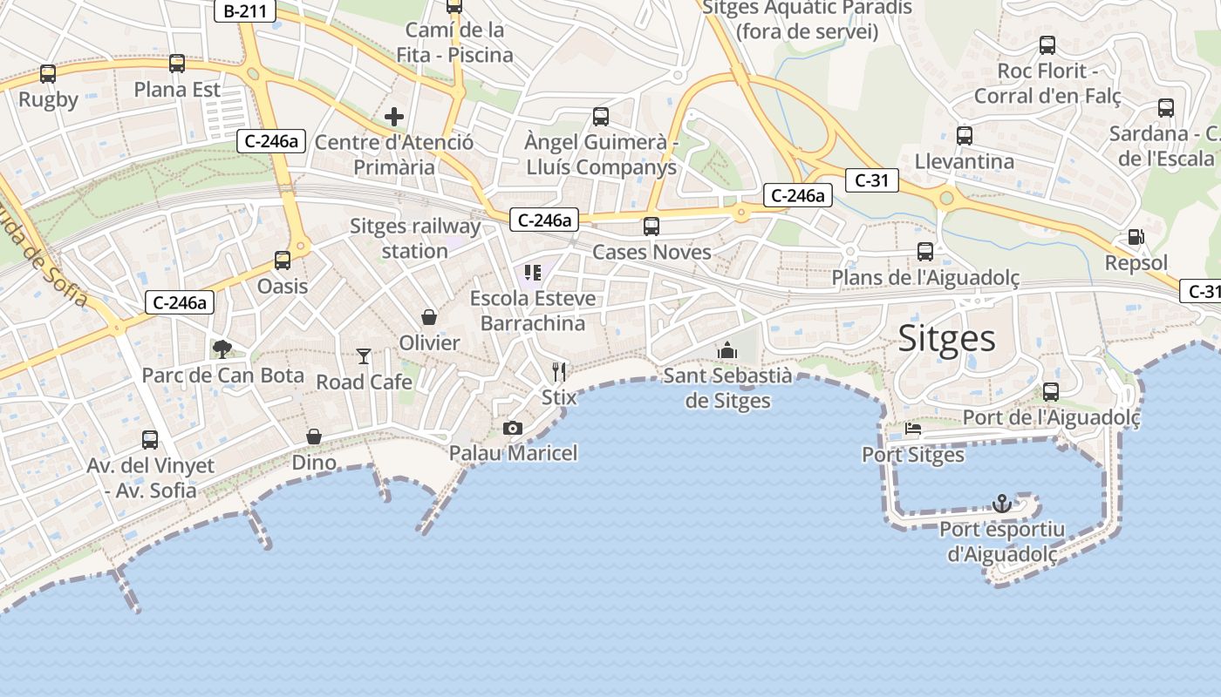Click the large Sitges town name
[x=946, y=338]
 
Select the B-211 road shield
[x=245, y=11]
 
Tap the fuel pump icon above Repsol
[x=1136, y=237]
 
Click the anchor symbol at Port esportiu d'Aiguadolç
[x=1002, y=504]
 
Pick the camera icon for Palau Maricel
[x=513, y=428]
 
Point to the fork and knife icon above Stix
[x=559, y=372]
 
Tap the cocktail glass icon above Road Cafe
[x=364, y=355]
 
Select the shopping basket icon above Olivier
[x=429, y=316]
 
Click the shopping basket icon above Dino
[x=314, y=436]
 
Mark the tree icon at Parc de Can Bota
[x=222, y=349]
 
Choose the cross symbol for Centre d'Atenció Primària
[x=394, y=116]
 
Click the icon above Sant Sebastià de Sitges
[x=727, y=350]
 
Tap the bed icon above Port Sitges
[x=913, y=429]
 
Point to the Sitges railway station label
[x=415, y=239]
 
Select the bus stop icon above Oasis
[x=283, y=260]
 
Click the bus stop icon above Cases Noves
[x=651, y=227]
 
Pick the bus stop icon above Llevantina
[x=965, y=136]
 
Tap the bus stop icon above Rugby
[x=48, y=74]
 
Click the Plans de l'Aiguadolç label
[x=925, y=277]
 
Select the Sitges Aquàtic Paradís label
[x=807, y=20]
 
